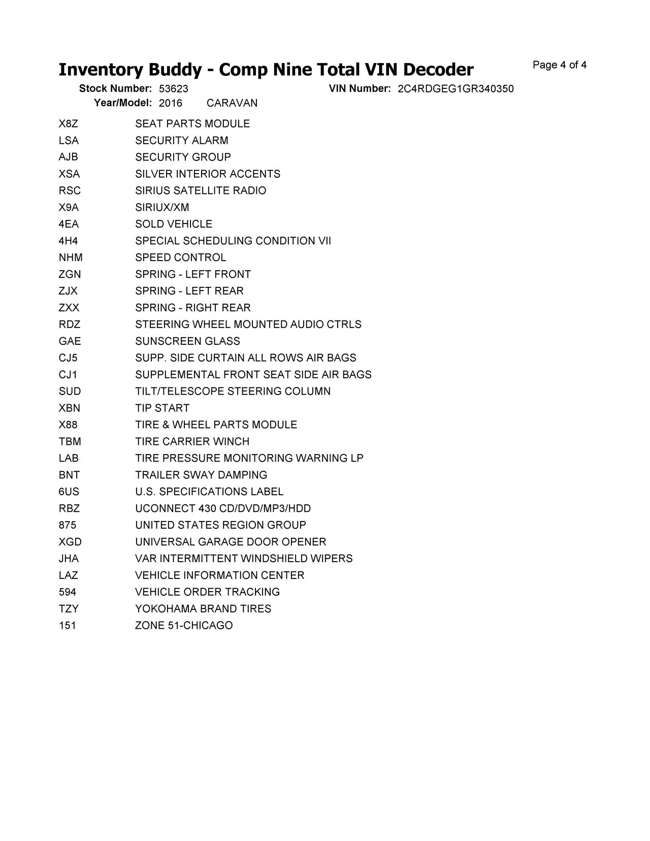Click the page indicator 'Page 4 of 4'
(560, 65)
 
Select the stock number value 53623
(173, 89)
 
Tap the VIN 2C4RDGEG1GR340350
(456, 89)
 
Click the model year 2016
(171, 103)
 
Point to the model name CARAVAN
(232, 103)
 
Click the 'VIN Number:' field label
(360, 89)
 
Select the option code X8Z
(68, 124)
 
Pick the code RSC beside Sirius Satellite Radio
(70, 190)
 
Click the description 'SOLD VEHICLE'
(174, 224)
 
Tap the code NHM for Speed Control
(71, 257)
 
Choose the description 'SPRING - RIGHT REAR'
(193, 308)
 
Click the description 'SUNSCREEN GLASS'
(187, 341)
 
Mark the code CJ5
(68, 358)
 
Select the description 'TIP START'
(162, 408)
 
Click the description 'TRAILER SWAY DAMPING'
(201, 475)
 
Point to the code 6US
(69, 492)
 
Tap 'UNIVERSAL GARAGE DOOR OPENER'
(231, 542)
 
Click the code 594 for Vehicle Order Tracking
(68, 592)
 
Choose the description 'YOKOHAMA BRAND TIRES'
(203, 609)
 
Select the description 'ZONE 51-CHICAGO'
(184, 626)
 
